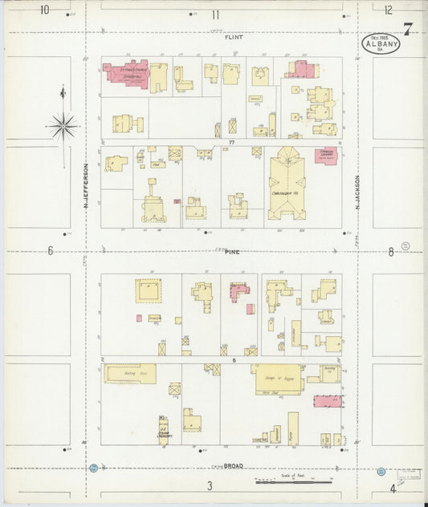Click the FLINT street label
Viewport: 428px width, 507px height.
[x=234, y=37]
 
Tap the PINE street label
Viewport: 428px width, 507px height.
[x=232, y=252]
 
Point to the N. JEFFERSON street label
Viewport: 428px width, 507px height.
[x=85, y=184]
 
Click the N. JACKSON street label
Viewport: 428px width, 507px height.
[x=358, y=193]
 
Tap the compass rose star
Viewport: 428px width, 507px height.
[x=63, y=125]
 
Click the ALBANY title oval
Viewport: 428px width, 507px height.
[x=381, y=43]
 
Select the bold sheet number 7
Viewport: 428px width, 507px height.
[x=408, y=30]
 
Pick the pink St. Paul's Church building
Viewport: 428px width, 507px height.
[x=126, y=74]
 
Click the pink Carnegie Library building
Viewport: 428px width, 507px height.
[x=325, y=156]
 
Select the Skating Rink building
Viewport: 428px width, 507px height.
[x=129, y=374]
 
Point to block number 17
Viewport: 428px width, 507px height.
[x=230, y=143]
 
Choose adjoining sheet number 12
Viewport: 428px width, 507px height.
[x=389, y=10]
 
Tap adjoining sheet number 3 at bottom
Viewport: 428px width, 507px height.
[x=209, y=486]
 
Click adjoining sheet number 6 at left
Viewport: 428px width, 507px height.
[x=50, y=251]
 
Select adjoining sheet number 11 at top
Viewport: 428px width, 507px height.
[x=215, y=14]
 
